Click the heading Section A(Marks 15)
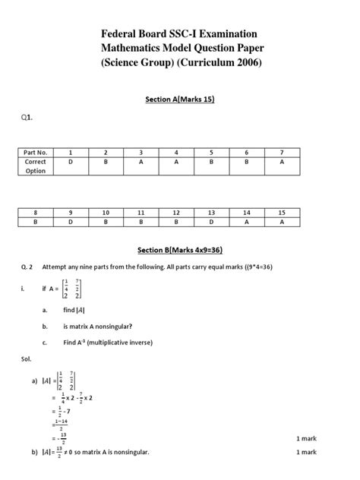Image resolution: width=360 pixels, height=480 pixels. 180,98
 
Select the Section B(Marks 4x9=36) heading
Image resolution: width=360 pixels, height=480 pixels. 180,250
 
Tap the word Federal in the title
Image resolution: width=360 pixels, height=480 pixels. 122,34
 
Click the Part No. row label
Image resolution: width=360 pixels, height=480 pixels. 35,153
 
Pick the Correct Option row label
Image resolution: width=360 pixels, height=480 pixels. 35,166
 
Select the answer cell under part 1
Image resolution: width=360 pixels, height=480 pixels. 71,162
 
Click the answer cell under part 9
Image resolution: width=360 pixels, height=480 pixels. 71,223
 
